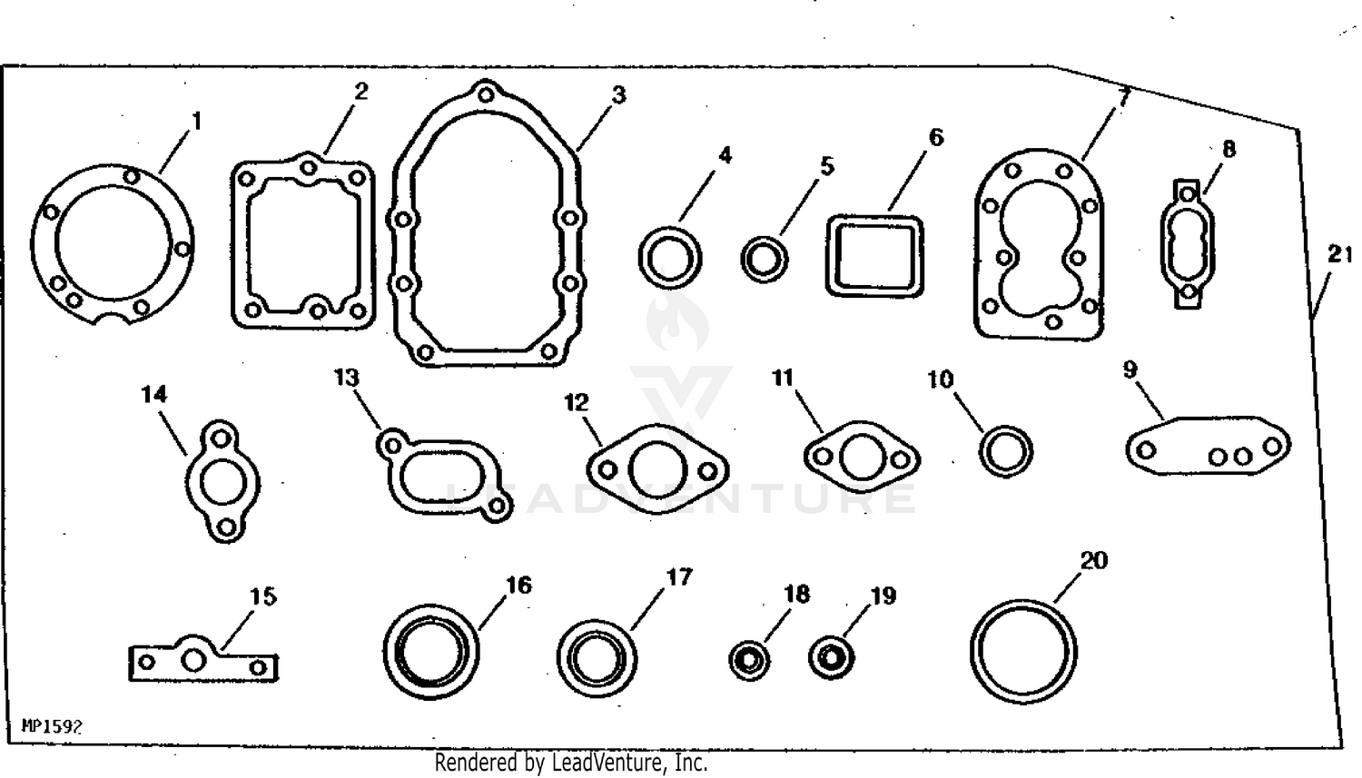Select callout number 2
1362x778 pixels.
(x=361, y=92)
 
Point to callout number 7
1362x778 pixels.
(x=1123, y=96)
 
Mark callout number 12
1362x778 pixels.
(x=577, y=402)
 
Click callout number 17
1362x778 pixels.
(x=678, y=576)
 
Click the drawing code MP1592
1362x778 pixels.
(x=52, y=726)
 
